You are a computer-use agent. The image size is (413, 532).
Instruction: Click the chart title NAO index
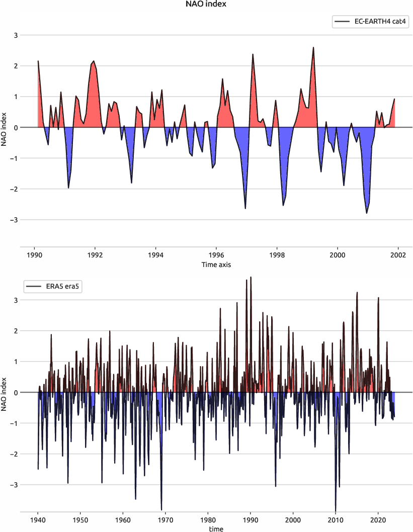point(206,5)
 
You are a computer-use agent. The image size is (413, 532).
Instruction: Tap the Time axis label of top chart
point(216,264)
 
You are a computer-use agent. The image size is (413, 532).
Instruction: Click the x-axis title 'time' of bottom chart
point(216,528)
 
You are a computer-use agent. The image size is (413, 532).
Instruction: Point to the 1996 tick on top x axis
point(216,255)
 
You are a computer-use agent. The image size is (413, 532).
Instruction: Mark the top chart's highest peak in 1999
point(313,48)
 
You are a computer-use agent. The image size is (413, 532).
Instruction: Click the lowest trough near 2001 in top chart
point(367,213)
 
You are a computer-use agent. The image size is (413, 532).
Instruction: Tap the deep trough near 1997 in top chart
point(245,208)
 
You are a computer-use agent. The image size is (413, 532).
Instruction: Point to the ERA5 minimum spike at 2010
point(336,510)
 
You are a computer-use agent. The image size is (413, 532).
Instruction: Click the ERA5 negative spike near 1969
point(161,509)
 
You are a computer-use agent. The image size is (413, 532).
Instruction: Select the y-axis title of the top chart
point(5,128)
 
